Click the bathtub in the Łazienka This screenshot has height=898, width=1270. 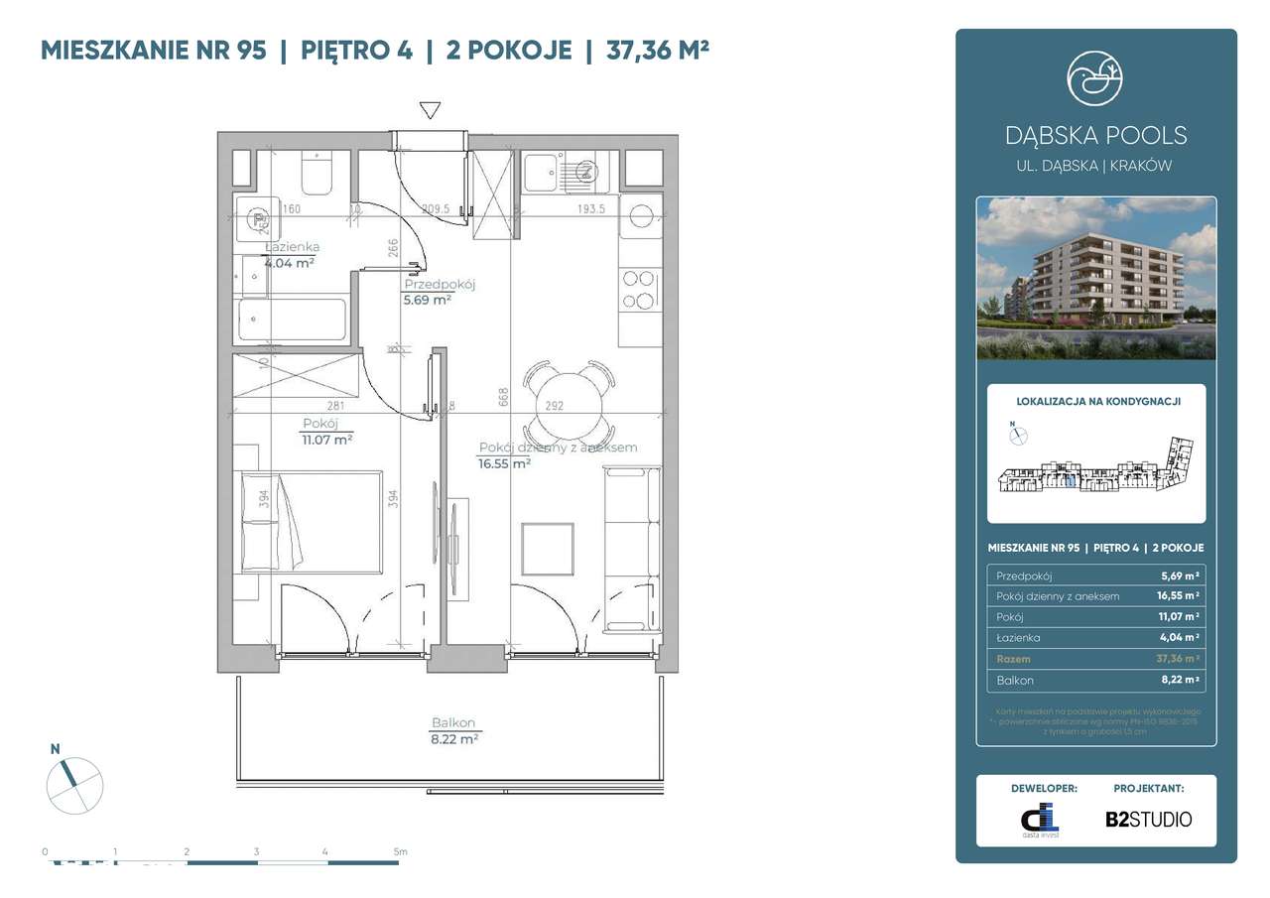point(292,320)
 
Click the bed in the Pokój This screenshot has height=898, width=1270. point(309,523)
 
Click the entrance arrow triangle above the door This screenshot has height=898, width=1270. point(430,110)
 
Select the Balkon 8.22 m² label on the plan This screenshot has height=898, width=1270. point(453,730)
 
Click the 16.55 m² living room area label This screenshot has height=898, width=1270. point(504,462)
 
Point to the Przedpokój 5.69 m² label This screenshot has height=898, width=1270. point(439,291)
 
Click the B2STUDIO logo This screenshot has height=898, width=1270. point(1148,819)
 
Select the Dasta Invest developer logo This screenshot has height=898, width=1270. point(1041,819)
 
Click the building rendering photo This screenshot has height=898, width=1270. point(1095,278)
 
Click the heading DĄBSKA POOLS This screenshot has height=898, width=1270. point(1095,136)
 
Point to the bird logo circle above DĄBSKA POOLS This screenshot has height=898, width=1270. point(1095,77)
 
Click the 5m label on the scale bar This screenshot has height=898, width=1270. point(399,851)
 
